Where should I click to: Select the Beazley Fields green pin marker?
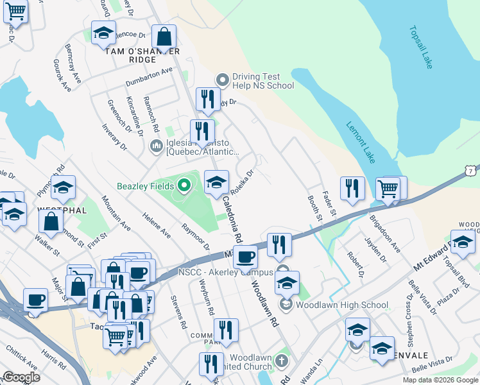(184, 187)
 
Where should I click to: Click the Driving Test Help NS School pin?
(223, 80)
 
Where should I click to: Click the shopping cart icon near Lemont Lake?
(388, 189)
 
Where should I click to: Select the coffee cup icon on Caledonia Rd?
(245, 257)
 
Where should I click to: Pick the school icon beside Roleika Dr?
(217, 182)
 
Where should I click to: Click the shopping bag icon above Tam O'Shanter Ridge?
(164, 36)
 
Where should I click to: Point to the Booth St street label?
(314, 209)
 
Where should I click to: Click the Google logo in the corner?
(21, 377)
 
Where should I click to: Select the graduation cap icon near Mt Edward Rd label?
(463, 242)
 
